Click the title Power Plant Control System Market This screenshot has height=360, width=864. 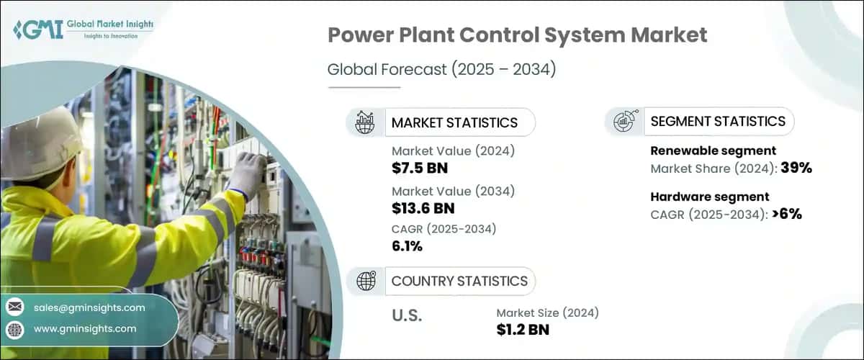(x=517, y=35)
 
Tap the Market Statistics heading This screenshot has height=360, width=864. (x=454, y=122)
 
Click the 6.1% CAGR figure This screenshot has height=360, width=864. (x=407, y=246)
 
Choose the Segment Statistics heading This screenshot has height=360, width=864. (x=717, y=122)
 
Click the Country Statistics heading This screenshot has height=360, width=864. (x=459, y=281)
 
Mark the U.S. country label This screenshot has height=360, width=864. (x=407, y=315)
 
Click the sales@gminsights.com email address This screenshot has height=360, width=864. (x=89, y=307)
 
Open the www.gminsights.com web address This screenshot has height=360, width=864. (x=85, y=328)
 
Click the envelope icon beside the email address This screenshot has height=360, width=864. (x=14, y=307)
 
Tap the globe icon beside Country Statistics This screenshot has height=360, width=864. (x=366, y=281)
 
